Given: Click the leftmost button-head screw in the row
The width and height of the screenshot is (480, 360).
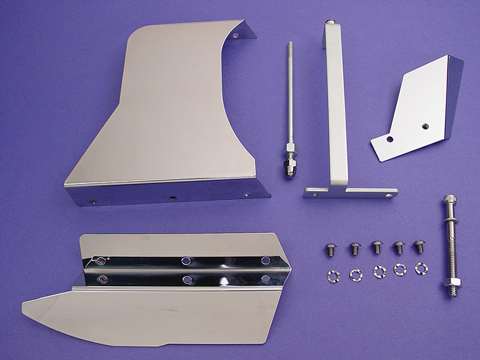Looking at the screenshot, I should [329, 249].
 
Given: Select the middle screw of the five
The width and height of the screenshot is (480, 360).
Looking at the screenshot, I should [377, 247].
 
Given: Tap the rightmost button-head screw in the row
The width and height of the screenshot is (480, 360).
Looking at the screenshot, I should [419, 246].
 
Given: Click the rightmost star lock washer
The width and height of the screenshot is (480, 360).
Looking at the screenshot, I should [421, 269].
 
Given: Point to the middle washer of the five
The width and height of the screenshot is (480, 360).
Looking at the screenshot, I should [379, 271].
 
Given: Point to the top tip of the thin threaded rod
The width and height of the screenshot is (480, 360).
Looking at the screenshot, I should [290, 44].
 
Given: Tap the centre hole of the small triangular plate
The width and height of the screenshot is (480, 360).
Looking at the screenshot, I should [425, 126].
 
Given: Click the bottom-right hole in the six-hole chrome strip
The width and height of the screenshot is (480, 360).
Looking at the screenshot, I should [265, 280].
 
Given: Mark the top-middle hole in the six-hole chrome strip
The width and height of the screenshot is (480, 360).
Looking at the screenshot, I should [187, 261].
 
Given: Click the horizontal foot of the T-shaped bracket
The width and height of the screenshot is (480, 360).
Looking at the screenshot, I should [351, 193].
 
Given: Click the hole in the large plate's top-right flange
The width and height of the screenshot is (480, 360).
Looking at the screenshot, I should [235, 35].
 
